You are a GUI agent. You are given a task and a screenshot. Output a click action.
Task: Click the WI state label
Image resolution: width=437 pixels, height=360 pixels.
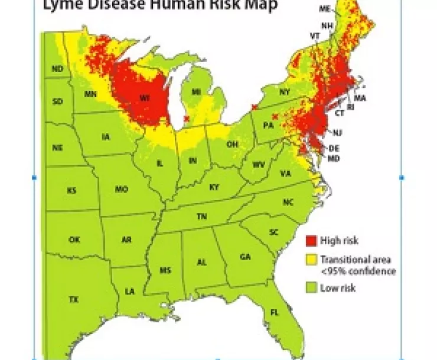(x=144, y=97)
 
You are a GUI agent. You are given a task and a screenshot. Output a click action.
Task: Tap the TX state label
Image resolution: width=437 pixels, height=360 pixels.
(x=73, y=299)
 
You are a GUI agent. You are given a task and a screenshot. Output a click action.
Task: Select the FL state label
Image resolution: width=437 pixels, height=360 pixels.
(x=274, y=312)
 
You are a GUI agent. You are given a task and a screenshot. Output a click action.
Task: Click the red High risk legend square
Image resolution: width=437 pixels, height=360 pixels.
(x=311, y=240)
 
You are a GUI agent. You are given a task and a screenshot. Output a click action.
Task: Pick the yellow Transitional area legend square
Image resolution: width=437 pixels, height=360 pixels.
(x=311, y=260)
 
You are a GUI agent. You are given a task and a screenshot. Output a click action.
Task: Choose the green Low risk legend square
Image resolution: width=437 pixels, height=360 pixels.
(x=311, y=288)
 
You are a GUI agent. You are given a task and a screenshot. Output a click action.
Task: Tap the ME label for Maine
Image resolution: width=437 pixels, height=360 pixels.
(x=324, y=9)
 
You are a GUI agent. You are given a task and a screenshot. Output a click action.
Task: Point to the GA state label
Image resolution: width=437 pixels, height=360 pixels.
(x=245, y=257)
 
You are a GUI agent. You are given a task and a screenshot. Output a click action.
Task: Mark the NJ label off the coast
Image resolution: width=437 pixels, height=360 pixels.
(x=337, y=132)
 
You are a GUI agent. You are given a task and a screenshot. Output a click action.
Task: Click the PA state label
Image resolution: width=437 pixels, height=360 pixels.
(x=268, y=125)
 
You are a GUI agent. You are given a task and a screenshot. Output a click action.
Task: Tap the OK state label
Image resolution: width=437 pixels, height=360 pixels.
(x=74, y=240)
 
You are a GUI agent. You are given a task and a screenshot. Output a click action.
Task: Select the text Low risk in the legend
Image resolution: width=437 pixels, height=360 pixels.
(x=338, y=288)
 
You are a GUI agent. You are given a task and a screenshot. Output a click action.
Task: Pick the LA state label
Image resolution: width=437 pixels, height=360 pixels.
(x=129, y=291)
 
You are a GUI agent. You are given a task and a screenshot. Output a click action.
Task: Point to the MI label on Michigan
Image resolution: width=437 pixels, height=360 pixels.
(x=197, y=91)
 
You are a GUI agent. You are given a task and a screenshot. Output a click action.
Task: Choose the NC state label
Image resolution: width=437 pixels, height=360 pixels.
(x=288, y=202)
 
